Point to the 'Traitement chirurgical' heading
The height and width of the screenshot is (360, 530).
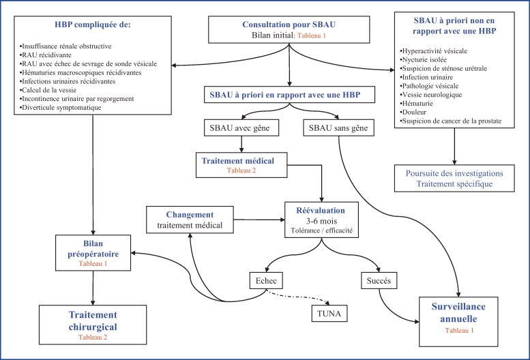[x=93, y=320]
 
